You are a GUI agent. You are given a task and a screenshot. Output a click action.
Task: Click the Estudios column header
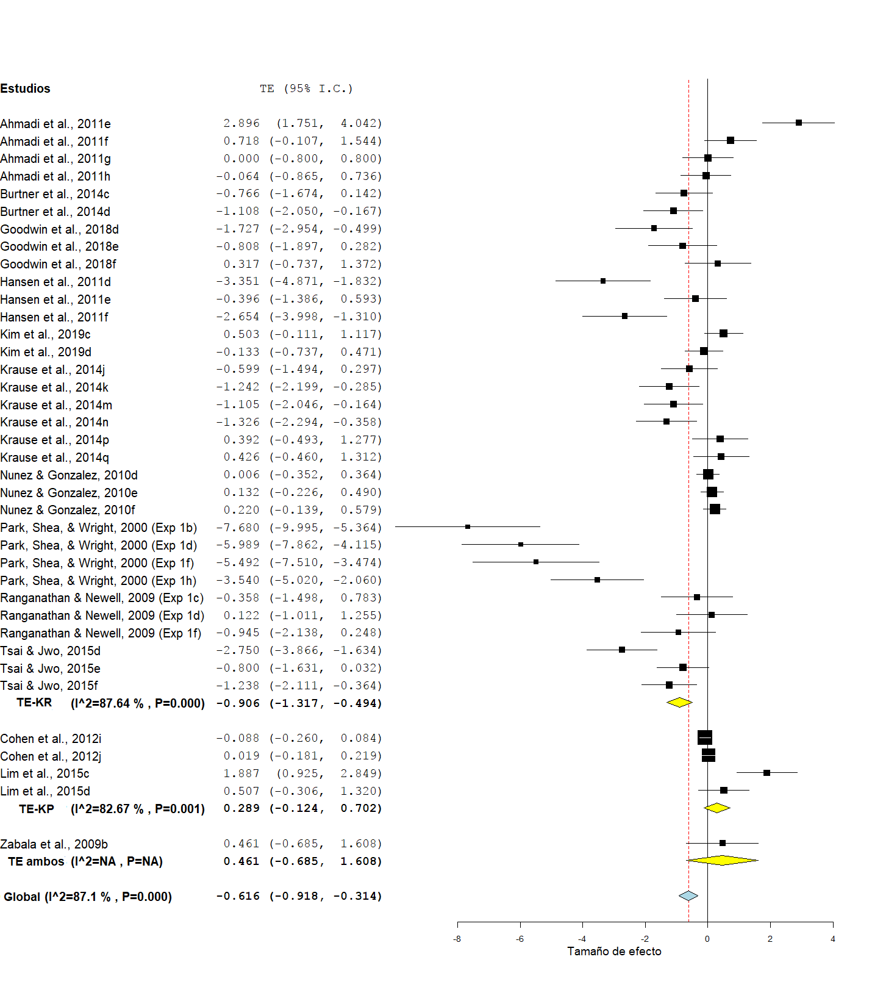tap(25, 88)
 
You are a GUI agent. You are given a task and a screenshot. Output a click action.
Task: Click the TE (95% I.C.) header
tap(306, 88)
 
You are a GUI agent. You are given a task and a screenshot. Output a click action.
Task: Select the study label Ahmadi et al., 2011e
tap(55, 124)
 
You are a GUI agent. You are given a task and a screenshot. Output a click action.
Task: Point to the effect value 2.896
tap(241, 123)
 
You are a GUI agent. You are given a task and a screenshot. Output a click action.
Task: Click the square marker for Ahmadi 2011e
tap(798, 123)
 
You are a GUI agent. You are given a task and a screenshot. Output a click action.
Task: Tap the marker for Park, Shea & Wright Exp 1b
tap(468, 526)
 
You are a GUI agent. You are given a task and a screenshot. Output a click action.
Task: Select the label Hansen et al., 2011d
tap(55, 282)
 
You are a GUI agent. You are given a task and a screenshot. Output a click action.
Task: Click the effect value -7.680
tap(238, 527)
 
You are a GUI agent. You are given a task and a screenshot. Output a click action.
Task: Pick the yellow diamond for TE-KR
tap(679, 703)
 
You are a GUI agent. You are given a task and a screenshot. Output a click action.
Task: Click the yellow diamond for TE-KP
tap(717, 808)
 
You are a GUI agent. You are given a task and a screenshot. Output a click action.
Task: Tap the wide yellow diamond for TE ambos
tap(722, 861)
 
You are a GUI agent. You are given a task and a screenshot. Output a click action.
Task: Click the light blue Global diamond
tap(688, 896)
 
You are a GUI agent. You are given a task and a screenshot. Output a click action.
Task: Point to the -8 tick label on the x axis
tap(457, 939)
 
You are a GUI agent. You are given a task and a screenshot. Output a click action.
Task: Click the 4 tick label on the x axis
tap(832, 939)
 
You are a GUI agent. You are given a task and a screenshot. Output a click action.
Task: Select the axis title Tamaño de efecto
tap(614, 952)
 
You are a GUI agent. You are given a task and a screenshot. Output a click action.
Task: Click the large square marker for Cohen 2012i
tap(704, 737)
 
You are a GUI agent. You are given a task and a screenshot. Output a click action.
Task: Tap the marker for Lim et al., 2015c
tap(767, 773)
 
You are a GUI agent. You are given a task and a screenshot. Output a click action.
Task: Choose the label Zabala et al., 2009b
tap(54, 844)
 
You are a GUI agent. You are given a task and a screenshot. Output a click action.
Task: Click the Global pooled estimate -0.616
tap(238, 896)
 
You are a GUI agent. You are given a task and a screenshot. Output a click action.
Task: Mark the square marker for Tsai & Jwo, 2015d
tap(621, 650)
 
